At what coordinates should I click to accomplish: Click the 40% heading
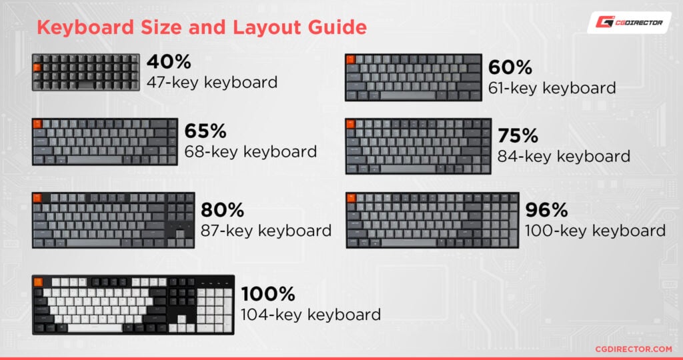pyautogui.click(x=169, y=63)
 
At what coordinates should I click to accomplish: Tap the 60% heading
pyautogui.click(x=510, y=67)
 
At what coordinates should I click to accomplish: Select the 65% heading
pyautogui.click(x=206, y=131)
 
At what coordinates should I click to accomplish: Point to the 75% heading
pyautogui.click(x=518, y=136)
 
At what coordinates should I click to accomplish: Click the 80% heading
pyautogui.click(x=223, y=211)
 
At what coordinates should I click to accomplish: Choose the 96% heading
pyautogui.click(x=546, y=211)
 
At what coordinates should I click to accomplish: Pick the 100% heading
pyautogui.click(x=267, y=293)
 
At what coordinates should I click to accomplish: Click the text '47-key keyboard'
pyautogui.click(x=212, y=83)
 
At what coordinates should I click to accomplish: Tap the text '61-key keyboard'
pyautogui.click(x=552, y=87)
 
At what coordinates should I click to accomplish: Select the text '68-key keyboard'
pyautogui.click(x=251, y=151)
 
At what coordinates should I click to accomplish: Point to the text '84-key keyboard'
pyautogui.click(x=564, y=156)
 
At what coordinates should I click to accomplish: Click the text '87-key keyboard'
pyautogui.click(x=266, y=231)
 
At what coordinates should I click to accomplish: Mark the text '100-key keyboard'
pyautogui.click(x=595, y=231)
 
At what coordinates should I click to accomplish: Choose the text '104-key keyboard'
pyautogui.click(x=311, y=314)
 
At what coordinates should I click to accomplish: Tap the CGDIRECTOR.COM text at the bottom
pyautogui.click(x=633, y=349)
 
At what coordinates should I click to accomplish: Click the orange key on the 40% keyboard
pyautogui.click(x=37, y=67)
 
